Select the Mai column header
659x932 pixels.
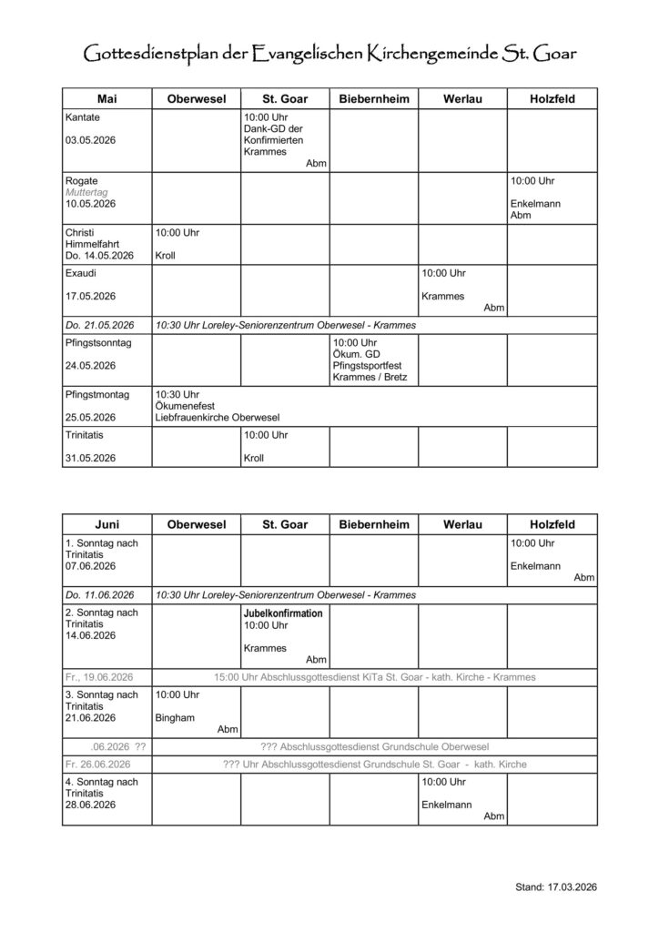(x=106, y=98)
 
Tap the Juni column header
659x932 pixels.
(x=106, y=524)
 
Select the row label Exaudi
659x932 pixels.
(x=81, y=273)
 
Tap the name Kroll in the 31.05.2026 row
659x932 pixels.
(x=254, y=458)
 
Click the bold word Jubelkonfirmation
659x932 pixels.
(x=282, y=613)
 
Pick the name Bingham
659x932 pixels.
(x=174, y=717)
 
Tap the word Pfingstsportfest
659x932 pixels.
(x=368, y=365)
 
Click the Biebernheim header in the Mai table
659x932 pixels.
(x=373, y=98)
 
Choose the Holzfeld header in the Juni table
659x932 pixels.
(x=552, y=524)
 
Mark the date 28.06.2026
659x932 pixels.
(x=91, y=805)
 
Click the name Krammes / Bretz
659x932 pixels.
(x=370, y=377)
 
